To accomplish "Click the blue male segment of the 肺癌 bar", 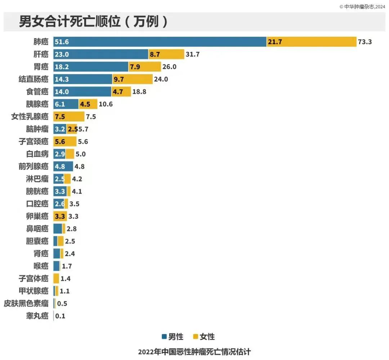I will (x=160, y=42).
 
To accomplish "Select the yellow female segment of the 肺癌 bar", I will (x=312, y=42).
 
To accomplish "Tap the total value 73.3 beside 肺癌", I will (x=365, y=42).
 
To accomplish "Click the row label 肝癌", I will (x=40, y=54).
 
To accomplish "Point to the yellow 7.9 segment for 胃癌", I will (x=144, y=67).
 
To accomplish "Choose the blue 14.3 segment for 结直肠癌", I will (x=83, y=79).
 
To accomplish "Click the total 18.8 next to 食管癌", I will (x=139, y=92).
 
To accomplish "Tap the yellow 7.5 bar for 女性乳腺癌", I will (x=69, y=117).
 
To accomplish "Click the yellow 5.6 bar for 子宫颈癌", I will (x=65, y=142).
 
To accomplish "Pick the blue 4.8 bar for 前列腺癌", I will (x=63, y=166).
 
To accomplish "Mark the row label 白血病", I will (x=37, y=154).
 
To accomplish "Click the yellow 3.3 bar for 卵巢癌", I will (x=60, y=217).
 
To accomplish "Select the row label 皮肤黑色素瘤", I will (x=26, y=304).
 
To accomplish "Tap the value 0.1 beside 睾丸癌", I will (x=60, y=316).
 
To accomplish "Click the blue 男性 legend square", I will (x=164, y=337).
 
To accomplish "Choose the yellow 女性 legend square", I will (x=196, y=337).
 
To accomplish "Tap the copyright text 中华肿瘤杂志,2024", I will (x=364, y=6).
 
